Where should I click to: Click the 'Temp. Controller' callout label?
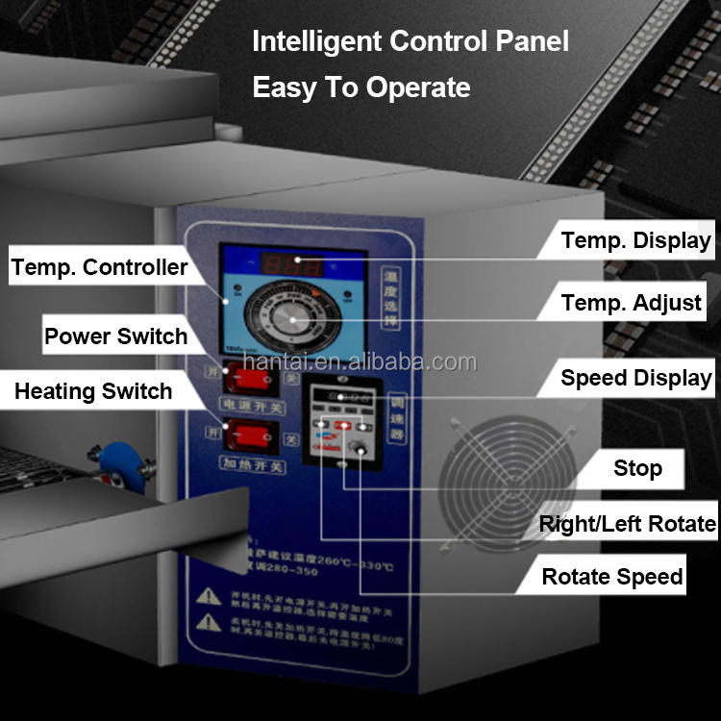[x=99, y=267]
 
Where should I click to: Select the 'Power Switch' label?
[x=115, y=336]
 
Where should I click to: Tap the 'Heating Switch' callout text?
[x=93, y=391]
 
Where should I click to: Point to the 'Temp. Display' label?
[x=635, y=240]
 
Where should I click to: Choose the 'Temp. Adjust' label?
[x=631, y=304]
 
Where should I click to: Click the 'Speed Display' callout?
[x=635, y=378]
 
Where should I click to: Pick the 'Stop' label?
[x=637, y=469]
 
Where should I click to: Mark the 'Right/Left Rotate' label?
[x=627, y=524]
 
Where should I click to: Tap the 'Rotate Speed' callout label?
[x=612, y=577]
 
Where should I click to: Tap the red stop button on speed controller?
[x=341, y=424]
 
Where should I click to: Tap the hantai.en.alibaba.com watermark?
[x=360, y=362]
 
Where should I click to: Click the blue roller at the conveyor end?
[x=119, y=465]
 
